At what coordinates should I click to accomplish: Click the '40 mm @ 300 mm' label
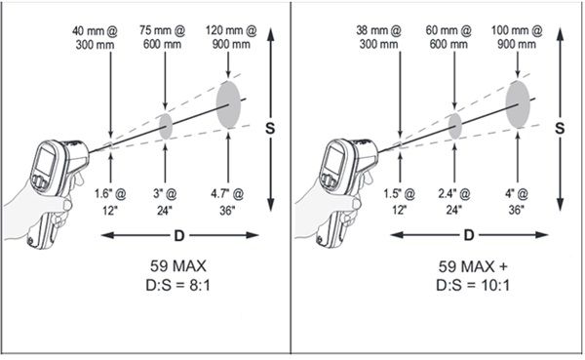(95, 38)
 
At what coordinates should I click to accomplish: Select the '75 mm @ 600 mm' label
(162, 37)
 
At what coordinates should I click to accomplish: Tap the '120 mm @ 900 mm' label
(231, 37)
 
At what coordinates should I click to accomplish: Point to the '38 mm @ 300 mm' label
(378, 37)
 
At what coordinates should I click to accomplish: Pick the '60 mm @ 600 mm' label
(448, 37)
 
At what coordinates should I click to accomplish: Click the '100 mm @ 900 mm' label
(517, 37)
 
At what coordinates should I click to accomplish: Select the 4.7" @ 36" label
(227, 202)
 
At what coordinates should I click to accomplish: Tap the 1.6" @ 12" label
(110, 202)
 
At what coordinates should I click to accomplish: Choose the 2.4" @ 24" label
(453, 202)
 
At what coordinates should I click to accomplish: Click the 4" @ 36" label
(517, 202)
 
